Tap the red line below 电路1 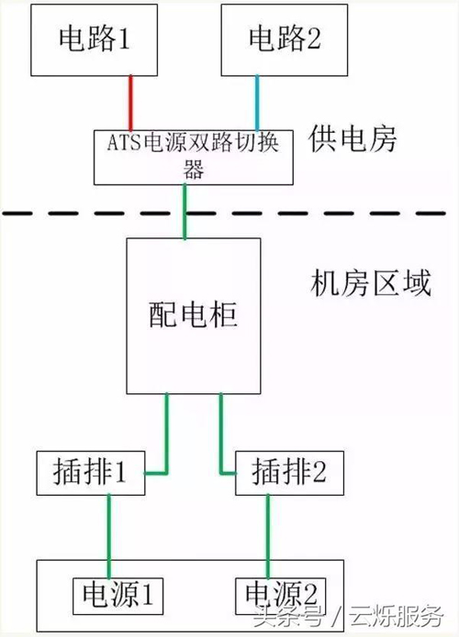click(x=130, y=103)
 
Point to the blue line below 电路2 click(x=257, y=103)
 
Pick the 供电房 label click(x=353, y=139)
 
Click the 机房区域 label click(x=370, y=283)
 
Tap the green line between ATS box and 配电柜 click(x=185, y=212)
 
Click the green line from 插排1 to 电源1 click(x=109, y=537)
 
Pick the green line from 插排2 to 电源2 click(x=268, y=537)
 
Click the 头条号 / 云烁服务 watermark click(x=348, y=616)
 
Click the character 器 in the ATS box click(x=194, y=170)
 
